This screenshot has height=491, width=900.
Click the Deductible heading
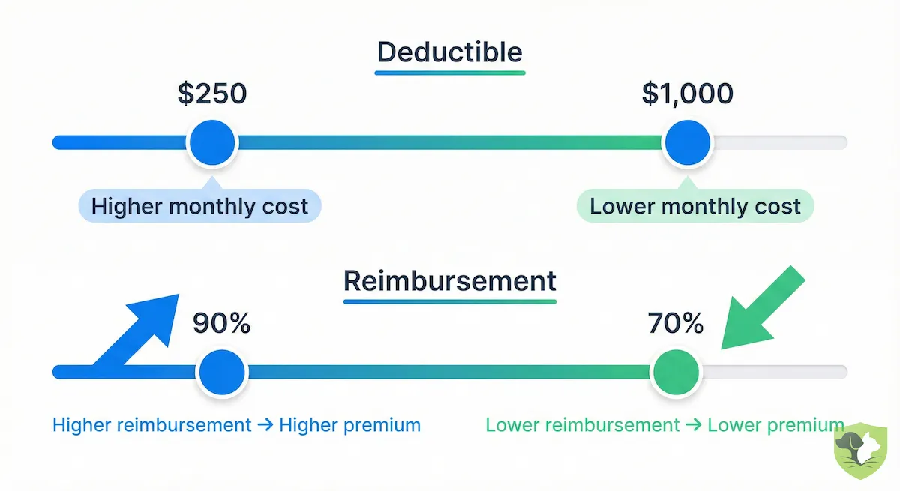(x=450, y=52)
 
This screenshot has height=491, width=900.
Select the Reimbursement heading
(x=450, y=281)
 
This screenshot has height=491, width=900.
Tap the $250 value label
(x=212, y=94)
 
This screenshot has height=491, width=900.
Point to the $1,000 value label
(x=688, y=94)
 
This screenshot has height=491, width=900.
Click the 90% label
(x=221, y=323)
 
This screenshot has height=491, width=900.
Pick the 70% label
(x=675, y=323)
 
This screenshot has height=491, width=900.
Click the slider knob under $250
(x=212, y=142)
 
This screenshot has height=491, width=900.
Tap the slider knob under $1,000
(x=688, y=142)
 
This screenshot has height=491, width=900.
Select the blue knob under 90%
(x=221, y=371)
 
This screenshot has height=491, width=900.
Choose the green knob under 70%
(x=675, y=371)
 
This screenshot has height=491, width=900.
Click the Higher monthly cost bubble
(x=199, y=206)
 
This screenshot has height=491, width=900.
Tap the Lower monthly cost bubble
(x=695, y=206)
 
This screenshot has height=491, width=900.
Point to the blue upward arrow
(x=139, y=330)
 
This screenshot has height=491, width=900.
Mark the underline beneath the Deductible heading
(x=450, y=73)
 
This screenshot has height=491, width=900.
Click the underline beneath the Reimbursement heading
(x=450, y=301)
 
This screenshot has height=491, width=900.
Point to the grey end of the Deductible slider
(x=780, y=142)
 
